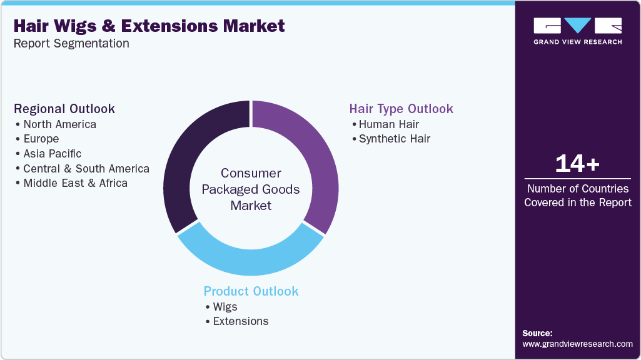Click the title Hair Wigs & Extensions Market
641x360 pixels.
click(149, 26)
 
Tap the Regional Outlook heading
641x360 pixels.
click(64, 109)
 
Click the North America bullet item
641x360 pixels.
click(59, 124)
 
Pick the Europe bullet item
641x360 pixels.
click(41, 139)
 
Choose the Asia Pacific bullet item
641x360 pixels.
click(52, 153)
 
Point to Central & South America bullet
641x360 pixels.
click(86, 168)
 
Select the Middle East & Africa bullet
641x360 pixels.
click(75, 183)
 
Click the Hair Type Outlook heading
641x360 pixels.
click(401, 109)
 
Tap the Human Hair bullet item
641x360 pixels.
click(388, 124)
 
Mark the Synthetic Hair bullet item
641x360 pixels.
click(394, 139)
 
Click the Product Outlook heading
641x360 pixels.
click(251, 291)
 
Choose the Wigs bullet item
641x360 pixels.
click(225, 306)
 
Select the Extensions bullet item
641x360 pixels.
click(240, 321)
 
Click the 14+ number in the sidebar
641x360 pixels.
click(577, 164)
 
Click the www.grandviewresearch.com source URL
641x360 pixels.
click(577, 344)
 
